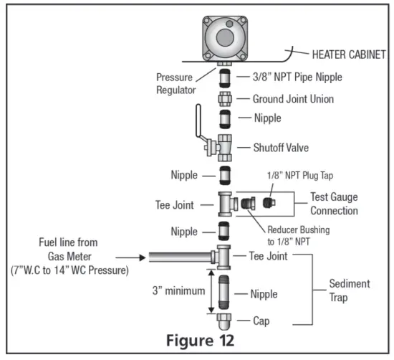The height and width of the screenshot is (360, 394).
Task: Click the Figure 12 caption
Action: (x=198, y=338)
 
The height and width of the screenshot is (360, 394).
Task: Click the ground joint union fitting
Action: (x=224, y=99)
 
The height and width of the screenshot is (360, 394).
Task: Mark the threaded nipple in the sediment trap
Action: (x=224, y=292)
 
